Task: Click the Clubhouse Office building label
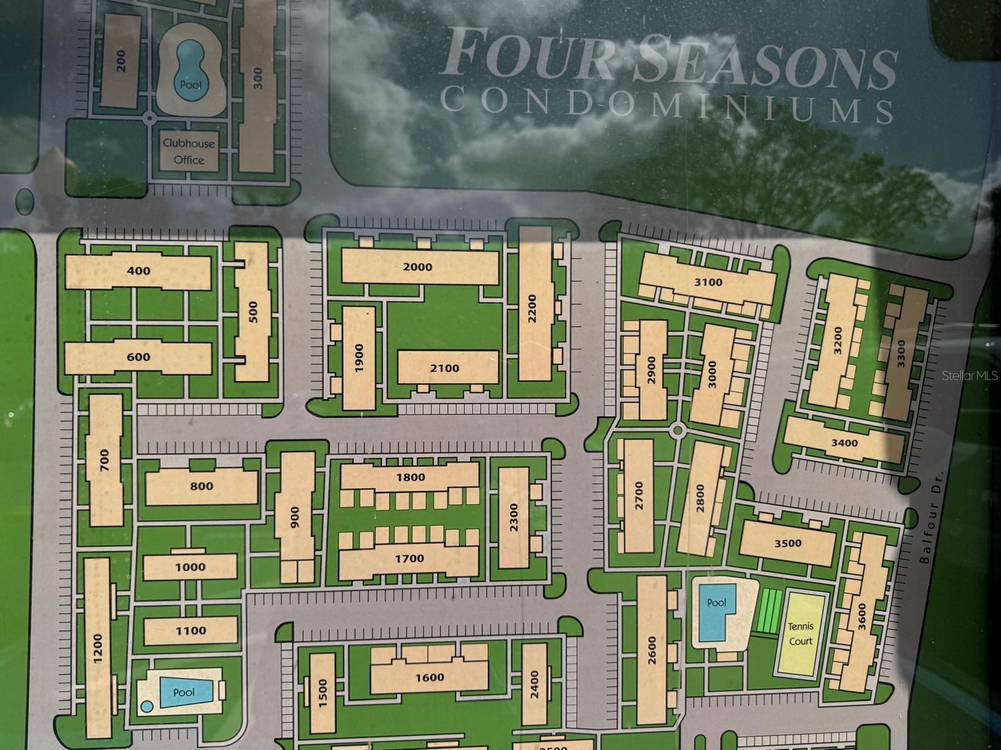(x=188, y=151)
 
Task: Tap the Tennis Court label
(x=800, y=633)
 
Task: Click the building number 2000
(x=417, y=267)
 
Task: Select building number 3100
(x=708, y=282)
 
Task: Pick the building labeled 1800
(x=410, y=477)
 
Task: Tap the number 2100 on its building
(x=444, y=368)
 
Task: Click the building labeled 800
(x=201, y=486)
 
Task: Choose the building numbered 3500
(x=788, y=543)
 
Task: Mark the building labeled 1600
(x=429, y=677)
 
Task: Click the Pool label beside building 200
(x=190, y=84)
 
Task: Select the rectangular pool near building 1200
(x=183, y=692)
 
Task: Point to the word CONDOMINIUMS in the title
(x=666, y=104)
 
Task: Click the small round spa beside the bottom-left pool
(x=147, y=706)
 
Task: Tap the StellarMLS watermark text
(x=970, y=376)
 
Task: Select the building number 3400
(x=844, y=443)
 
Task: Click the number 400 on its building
(x=138, y=271)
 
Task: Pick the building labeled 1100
(x=190, y=631)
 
